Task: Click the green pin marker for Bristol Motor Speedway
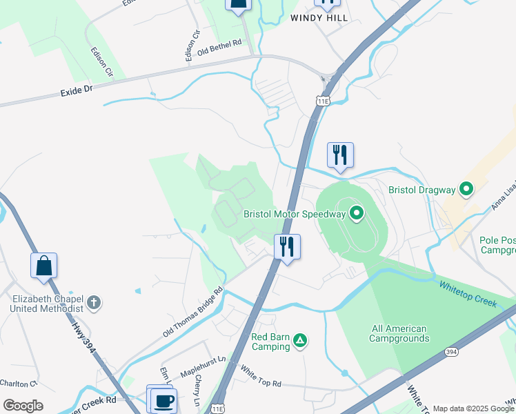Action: (x=356, y=213)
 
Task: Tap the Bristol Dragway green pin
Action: (x=466, y=188)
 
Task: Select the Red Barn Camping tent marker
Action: (x=300, y=340)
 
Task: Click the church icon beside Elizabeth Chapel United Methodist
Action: (x=94, y=302)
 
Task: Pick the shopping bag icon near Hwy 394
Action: (x=43, y=265)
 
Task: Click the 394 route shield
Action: (x=451, y=352)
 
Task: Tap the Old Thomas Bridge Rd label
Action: (x=193, y=312)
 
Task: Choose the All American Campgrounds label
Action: (x=399, y=333)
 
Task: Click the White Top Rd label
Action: (x=261, y=377)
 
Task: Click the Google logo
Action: (x=23, y=406)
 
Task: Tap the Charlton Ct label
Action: (x=17, y=383)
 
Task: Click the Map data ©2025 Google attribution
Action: (x=473, y=408)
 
